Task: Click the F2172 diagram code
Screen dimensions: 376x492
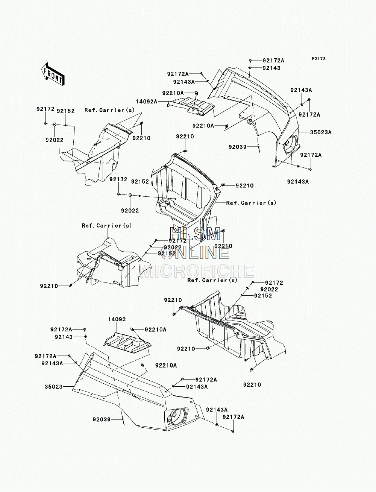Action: click(319, 59)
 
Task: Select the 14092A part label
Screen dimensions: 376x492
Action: click(147, 102)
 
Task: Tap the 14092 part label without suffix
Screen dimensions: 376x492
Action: click(117, 319)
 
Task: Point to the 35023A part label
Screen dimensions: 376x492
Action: click(321, 132)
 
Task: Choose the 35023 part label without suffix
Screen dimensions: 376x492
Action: click(53, 387)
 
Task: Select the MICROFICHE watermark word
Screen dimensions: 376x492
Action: click(197, 271)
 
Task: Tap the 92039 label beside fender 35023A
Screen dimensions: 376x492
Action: click(238, 147)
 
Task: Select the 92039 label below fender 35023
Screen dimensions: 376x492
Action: click(102, 419)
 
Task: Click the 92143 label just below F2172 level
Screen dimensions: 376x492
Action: click(271, 68)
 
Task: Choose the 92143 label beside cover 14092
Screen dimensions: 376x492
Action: click(64, 337)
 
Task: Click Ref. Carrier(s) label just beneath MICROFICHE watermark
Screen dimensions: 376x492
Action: click(212, 280)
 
